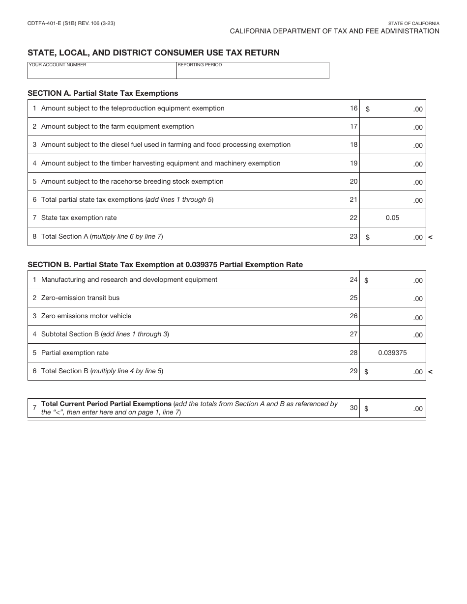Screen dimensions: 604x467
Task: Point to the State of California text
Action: pyautogui.click(x=413, y=24)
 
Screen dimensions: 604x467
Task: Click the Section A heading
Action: pyautogui.click(x=103, y=93)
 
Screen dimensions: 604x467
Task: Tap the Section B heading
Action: pyautogui.click(x=165, y=265)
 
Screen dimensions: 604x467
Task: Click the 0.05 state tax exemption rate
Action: pyautogui.click(x=392, y=218)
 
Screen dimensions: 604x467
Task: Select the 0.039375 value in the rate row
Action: pyautogui.click(x=392, y=353)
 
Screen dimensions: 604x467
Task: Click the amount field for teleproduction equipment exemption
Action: pyautogui.click(x=393, y=109)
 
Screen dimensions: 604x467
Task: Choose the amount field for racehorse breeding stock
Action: pyautogui.click(x=393, y=182)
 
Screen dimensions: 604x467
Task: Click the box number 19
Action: pyautogui.click(x=353, y=163)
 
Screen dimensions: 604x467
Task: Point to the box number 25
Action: pyautogui.click(x=353, y=298)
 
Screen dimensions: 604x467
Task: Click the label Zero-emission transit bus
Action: pyautogui.click(x=80, y=298)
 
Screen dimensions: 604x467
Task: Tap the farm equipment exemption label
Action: pyautogui.click(x=117, y=127)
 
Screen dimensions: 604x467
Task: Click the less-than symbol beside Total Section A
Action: pyautogui.click(x=430, y=237)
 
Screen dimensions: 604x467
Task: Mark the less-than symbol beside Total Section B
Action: pyautogui.click(x=430, y=372)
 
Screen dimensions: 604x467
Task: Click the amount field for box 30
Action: pyautogui.click(x=393, y=409)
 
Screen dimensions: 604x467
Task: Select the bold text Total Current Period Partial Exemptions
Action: pyautogui.click(x=106, y=404)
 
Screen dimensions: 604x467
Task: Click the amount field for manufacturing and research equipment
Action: pyautogui.click(x=393, y=280)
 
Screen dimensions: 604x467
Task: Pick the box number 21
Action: pyautogui.click(x=353, y=200)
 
